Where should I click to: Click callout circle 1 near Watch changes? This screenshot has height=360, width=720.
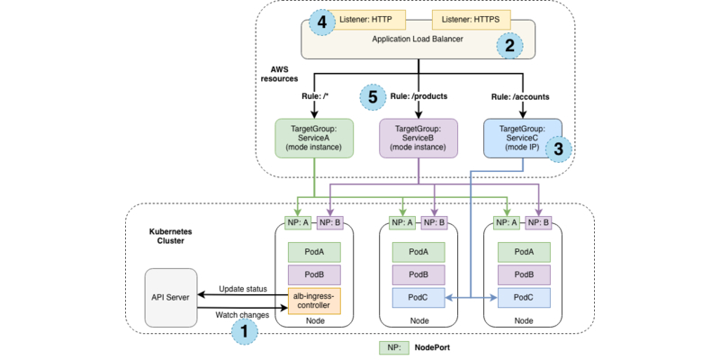(244, 331)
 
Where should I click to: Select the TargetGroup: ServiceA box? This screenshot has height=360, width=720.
(314, 139)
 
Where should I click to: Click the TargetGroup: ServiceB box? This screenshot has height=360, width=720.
(418, 139)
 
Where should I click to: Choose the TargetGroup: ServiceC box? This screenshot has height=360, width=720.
(522, 139)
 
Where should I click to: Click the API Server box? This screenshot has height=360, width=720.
(170, 297)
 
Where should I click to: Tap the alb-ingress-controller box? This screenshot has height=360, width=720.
(314, 299)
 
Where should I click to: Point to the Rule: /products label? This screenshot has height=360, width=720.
(418, 96)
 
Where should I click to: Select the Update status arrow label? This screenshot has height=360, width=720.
(243, 288)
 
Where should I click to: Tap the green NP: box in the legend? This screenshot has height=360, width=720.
(393, 346)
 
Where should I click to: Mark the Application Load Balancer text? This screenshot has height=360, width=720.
(418, 40)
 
